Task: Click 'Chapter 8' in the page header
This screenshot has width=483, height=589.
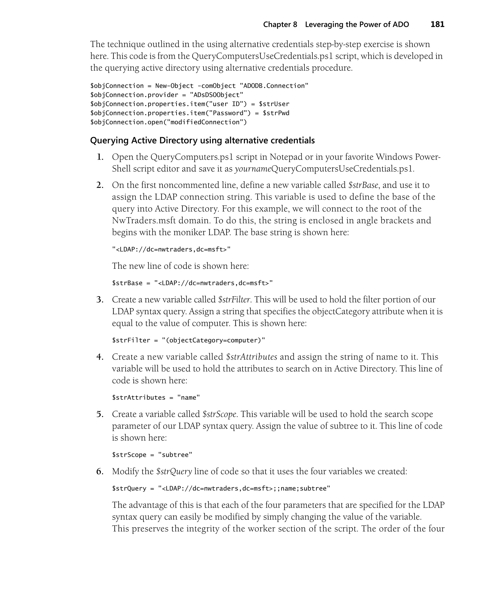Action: (x=280, y=25)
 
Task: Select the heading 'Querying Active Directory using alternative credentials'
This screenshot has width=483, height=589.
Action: (x=202, y=141)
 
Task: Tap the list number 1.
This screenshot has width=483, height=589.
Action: (x=100, y=157)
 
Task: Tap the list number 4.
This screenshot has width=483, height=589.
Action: (x=100, y=357)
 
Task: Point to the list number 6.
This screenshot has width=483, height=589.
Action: (x=100, y=471)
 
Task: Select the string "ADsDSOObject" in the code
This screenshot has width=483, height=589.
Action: (x=217, y=95)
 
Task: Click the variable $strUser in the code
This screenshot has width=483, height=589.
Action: (x=274, y=104)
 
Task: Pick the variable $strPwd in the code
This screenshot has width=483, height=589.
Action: (x=276, y=113)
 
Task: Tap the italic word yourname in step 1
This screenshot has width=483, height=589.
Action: (x=253, y=169)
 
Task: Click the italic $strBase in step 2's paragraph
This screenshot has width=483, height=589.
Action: (x=363, y=185)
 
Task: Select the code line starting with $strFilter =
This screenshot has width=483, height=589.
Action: (x=188, y=340)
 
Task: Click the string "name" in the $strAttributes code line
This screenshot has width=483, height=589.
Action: (x=188, y=398)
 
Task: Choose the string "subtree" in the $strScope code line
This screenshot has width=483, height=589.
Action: (x=175, y=455)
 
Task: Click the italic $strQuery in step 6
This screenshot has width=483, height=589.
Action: (x=174, y=471)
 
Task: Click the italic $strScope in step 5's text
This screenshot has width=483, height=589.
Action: (x=219, y=414)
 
